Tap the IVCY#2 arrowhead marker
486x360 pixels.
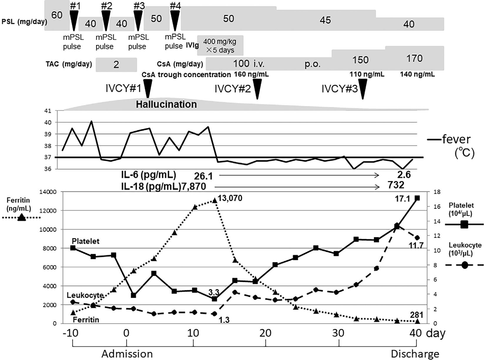click(x=257, y=89)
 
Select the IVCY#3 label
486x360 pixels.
click(x=339, y=89)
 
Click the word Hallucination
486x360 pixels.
click(x=166, y=104)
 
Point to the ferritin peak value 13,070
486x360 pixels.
click(x=230, y=198)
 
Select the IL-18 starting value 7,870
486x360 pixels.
click(x=193, y=186)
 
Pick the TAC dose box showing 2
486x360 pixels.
click(x=116, y=65)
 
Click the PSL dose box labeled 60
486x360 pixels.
click(x=57, y=15)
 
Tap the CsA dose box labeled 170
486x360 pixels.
click(x=414, y=58)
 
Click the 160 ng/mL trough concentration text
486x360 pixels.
click(x=251, y=75)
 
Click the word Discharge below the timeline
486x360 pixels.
click(x=415, y=354)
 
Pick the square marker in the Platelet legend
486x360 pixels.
click(x=464, y=225)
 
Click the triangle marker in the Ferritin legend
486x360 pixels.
click(x=21, y=218)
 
